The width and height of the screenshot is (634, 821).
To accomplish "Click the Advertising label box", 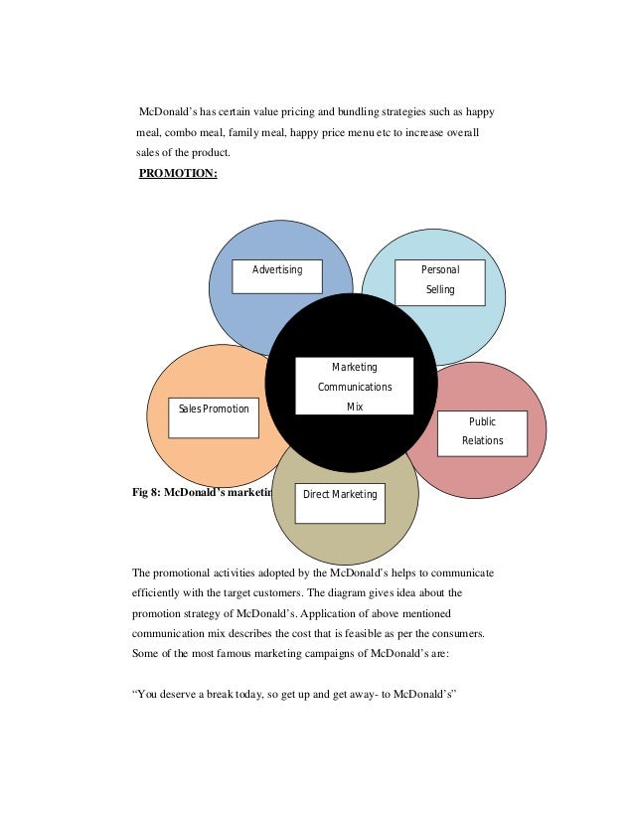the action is click(277, 276).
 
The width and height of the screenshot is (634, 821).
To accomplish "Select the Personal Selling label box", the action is click(440, 282).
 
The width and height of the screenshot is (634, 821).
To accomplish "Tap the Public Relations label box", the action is click(482, 432).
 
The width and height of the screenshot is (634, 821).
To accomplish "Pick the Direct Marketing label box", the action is click(340, 495).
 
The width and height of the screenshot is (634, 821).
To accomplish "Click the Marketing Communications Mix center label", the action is click(354, 387).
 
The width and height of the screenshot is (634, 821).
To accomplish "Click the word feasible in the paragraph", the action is click(383, 633).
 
